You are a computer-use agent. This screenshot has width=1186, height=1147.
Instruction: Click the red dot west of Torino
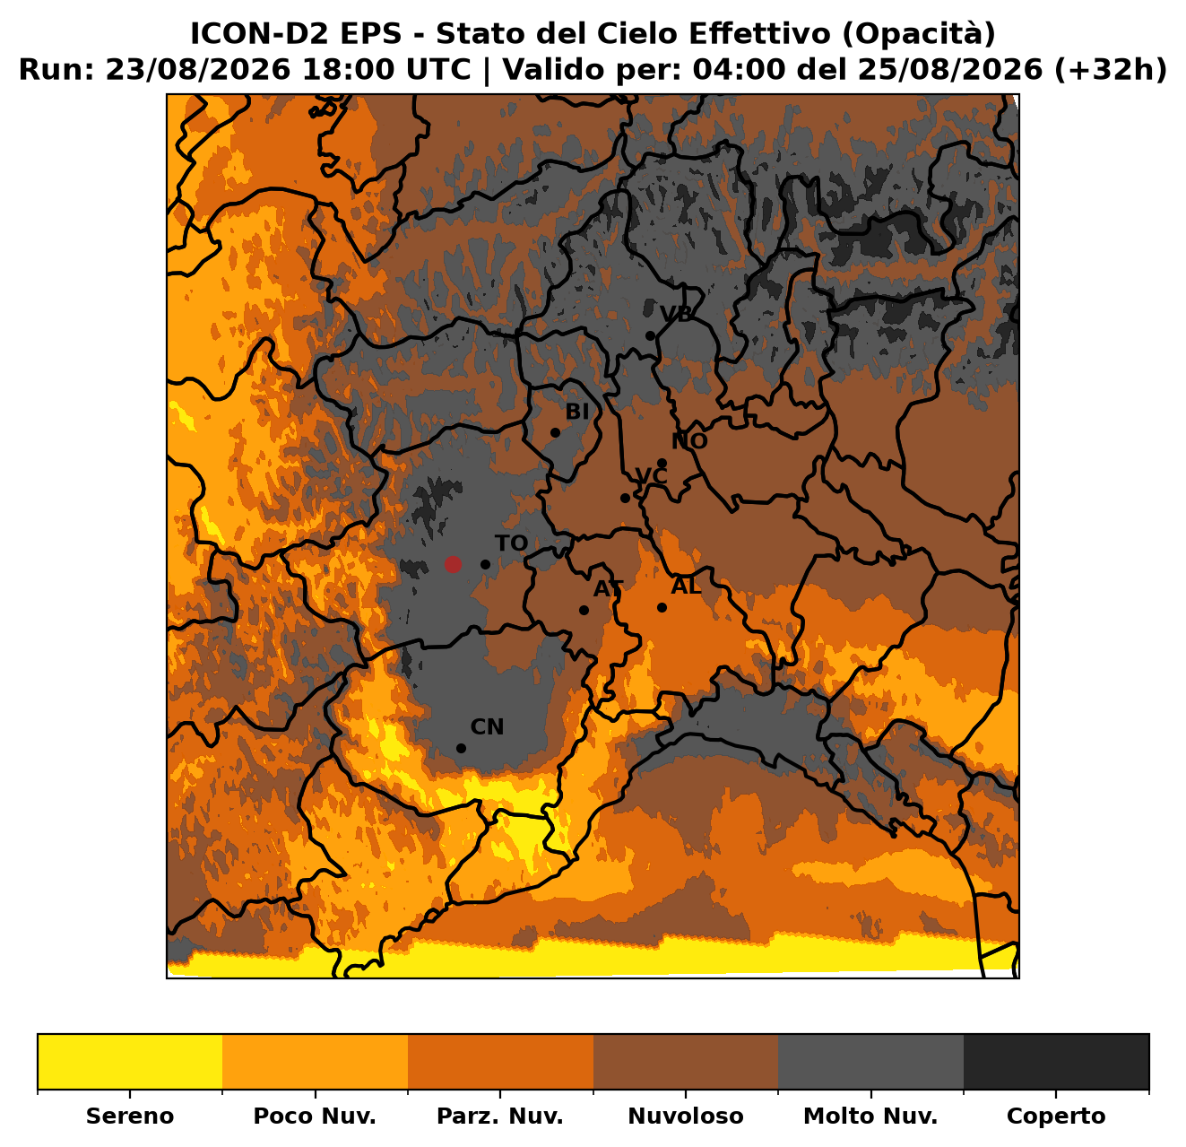click(x=452, y=564)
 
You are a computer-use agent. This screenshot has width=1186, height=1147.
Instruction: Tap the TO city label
click(x=511, y=543)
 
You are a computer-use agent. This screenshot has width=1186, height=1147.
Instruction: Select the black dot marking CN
click(x=461, y=748)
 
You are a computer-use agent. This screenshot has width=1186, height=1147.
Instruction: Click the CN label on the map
click(x=487, y=727)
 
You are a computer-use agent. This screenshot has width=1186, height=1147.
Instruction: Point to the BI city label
click(x=577, y=412)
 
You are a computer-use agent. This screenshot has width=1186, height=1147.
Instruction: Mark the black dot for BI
click(x=555, y=432)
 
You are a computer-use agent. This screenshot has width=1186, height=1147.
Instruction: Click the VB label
click(x=676, y=314)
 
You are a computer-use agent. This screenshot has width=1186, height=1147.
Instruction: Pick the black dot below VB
click(x=650, y=335)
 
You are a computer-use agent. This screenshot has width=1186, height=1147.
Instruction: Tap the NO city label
click(x=689, y=441)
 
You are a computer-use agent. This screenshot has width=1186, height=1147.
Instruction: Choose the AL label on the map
click(x=686, y=586)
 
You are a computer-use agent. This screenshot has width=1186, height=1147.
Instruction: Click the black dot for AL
click(x=662, y=607)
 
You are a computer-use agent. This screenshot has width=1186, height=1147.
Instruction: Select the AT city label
click(x=608, y=588)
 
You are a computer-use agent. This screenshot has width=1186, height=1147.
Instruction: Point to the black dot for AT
click(x=584, y=610)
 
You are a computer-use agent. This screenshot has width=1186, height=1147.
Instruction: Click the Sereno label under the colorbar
click(x=130, y=1116)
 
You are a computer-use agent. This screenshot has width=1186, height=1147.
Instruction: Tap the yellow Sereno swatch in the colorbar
click(x=130, y=1062)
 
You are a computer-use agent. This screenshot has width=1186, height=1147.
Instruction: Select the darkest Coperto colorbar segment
click(x=1056, y=1062)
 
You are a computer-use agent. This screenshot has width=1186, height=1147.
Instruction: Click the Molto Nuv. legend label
click(x=870, y=1116)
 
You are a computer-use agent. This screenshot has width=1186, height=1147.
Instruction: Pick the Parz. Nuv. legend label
click(x=499, y=1116)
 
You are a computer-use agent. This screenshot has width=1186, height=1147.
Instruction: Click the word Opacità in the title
click(x=922, y=34)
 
